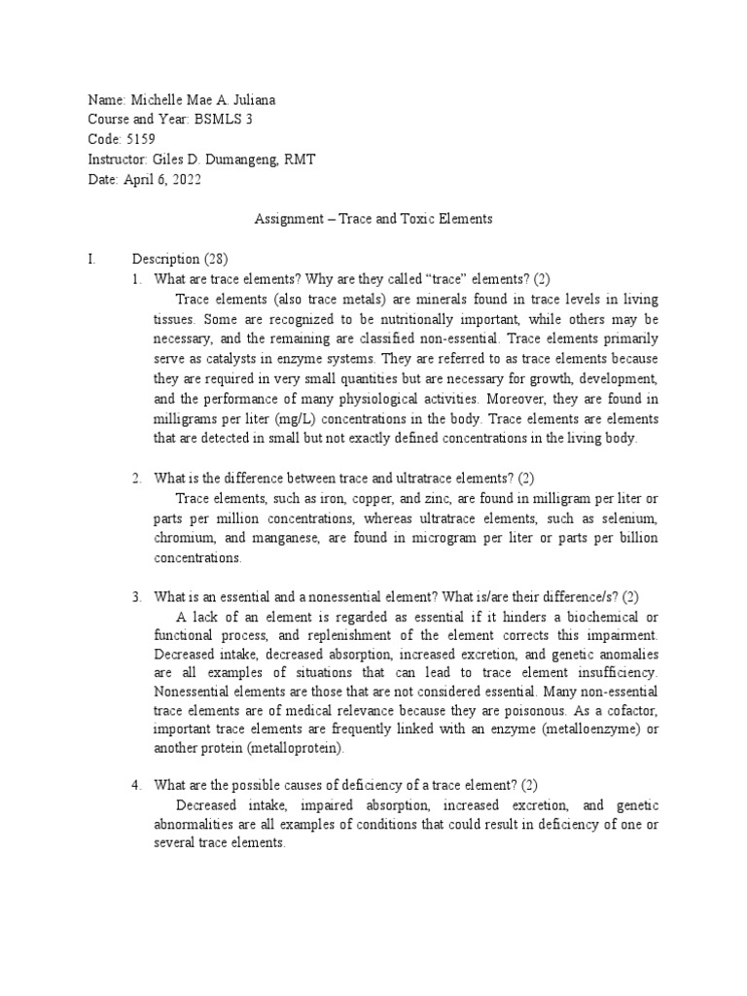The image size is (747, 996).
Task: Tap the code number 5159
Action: (139, 138)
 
